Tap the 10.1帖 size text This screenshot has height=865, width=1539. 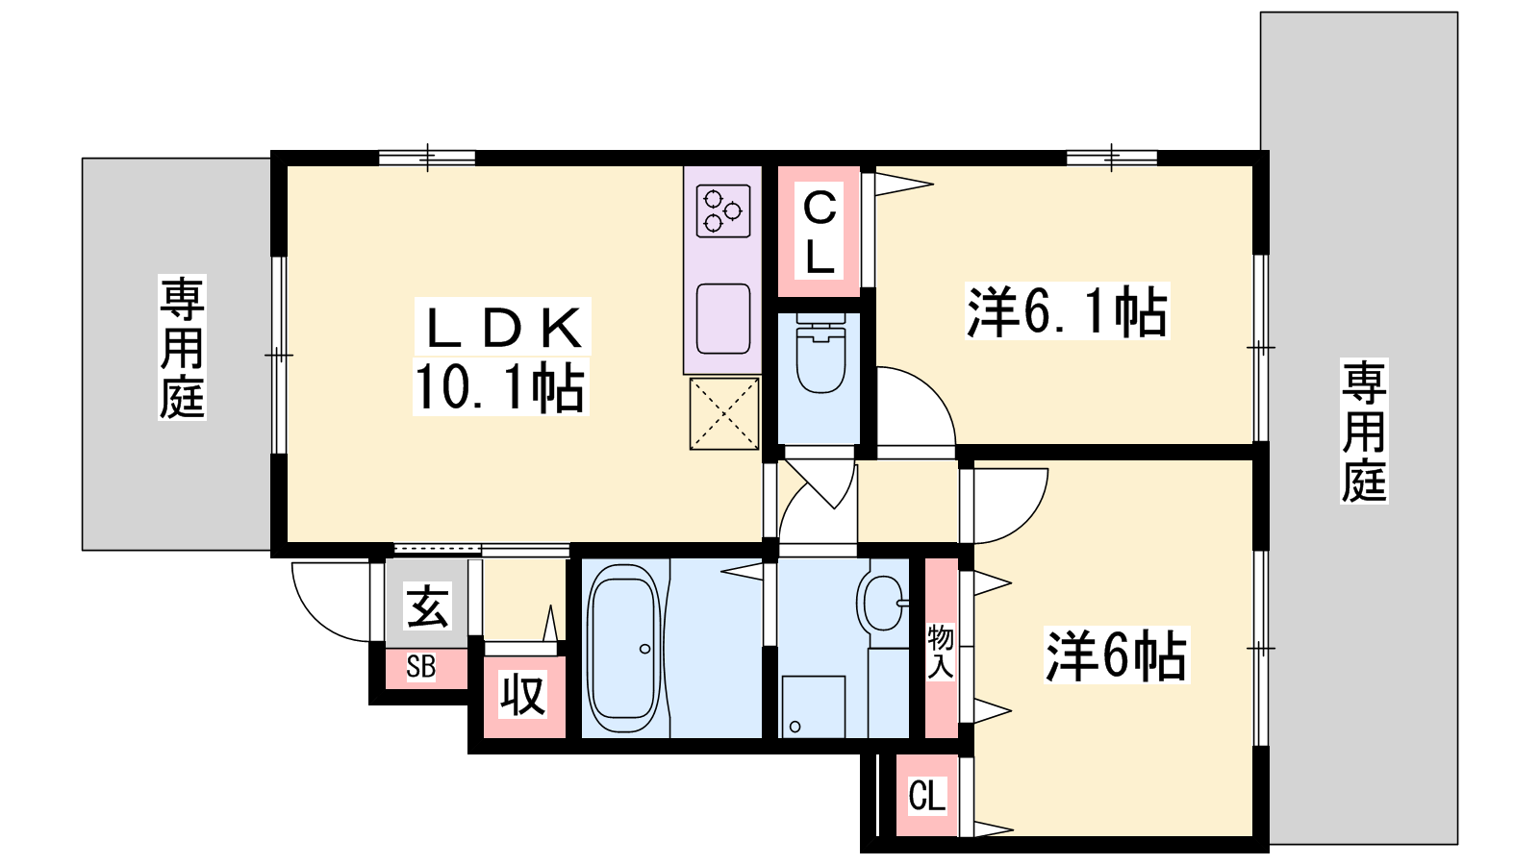(x=500, y=386)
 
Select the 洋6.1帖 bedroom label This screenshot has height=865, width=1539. (x=1067, y=311)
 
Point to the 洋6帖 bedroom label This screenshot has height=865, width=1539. (x=1117, y=655)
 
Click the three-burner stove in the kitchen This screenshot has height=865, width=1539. (x=722, y=210)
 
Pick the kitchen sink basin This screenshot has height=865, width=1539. (x=722, y=318)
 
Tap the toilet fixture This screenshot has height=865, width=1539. (x=820, y=354)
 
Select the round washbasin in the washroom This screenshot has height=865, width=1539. (x=884, y=603)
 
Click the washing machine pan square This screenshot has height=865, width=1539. (x=814, y=707)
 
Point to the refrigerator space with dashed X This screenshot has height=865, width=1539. (x=724, y=414)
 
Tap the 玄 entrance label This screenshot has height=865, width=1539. (x=428, y=605)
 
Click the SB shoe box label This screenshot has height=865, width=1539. (x=420, y=667)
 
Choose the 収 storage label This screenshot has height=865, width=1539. (x=523, y=695)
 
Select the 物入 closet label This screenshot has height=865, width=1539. (x=941, y=652)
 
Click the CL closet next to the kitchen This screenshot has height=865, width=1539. (x=820, y=231)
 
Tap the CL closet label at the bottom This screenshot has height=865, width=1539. (x=927, y=796)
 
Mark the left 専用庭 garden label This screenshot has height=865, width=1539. (x=182, y=347)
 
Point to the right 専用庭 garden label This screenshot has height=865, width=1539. (x=1364, y=432)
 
